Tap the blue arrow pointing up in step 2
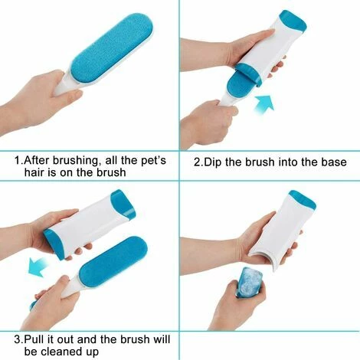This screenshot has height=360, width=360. click(263, 103)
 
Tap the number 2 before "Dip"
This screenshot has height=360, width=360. click(196, 162)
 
